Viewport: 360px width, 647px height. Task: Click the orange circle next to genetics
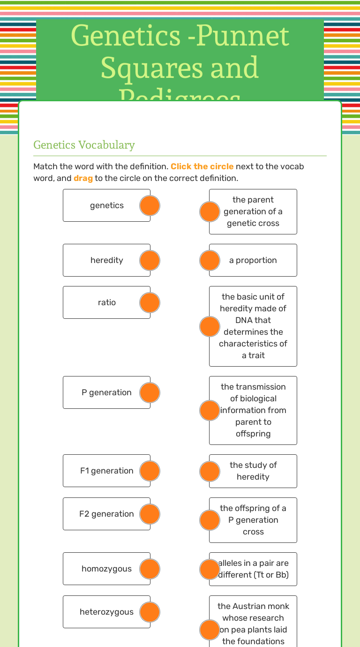pos(150,205)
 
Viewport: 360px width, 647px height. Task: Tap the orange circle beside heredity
pos(150,260)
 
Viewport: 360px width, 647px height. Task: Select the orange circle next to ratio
pos(150,302)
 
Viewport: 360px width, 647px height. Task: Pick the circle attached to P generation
pos(150,392)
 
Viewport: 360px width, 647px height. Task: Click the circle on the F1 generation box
pos(150,471)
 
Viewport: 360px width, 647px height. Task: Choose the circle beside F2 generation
pos(150,514)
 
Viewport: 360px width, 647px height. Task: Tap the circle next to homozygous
pos(150,569)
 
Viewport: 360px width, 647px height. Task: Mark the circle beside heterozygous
pos(150,612)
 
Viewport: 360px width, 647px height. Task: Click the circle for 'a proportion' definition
pos(210,260)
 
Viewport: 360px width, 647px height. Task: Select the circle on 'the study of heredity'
pos(210,471)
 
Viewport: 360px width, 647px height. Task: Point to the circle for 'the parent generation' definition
pos(210,211)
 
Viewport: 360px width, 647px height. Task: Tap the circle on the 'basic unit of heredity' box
pos(210,326)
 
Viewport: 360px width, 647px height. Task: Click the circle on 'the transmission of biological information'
pos(210,410)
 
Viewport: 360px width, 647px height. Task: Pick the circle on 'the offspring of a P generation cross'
pos(210,520)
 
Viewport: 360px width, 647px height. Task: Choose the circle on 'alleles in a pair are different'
pos(210,569)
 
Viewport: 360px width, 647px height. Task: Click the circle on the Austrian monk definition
pos(210,630)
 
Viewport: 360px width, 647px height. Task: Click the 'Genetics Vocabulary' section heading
pos(84,145)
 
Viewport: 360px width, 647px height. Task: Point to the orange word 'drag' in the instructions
pos(83,178)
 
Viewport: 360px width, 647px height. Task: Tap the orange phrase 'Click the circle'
pos(202,166)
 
